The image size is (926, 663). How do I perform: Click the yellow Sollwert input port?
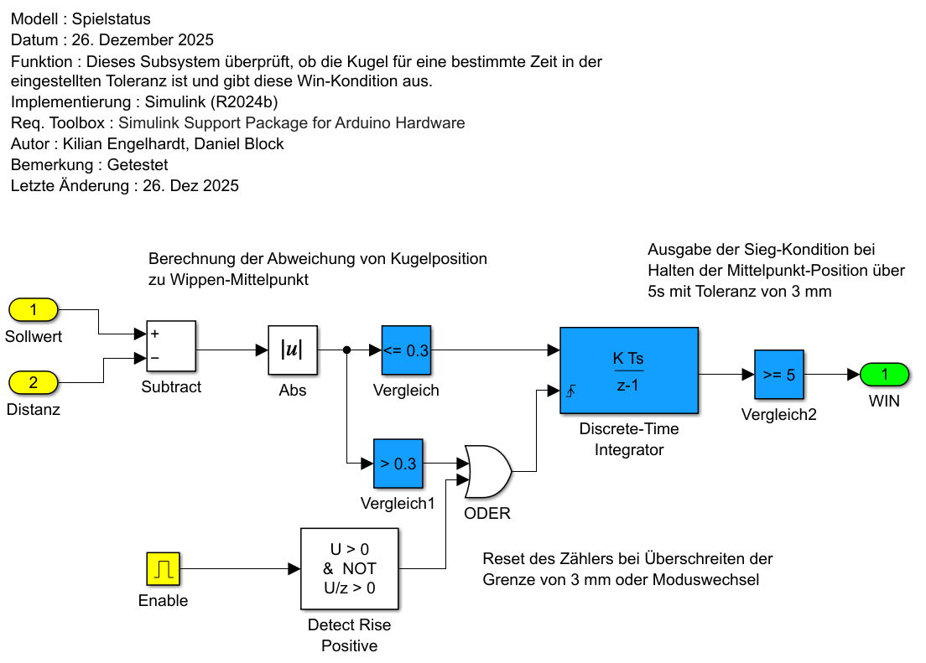click(33, 310)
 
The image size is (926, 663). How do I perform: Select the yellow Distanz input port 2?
click(33, 382)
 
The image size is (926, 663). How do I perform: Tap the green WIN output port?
click(884, 374)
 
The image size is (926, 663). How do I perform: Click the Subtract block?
click(171, 346)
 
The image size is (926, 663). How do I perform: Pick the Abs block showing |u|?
click(293, 350)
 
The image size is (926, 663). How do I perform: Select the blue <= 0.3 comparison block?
click(406, 350)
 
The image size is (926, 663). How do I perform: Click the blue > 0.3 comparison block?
click(398, 464)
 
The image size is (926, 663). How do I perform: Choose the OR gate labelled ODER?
click(488, 471)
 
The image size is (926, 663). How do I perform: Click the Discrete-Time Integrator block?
click(628, 370)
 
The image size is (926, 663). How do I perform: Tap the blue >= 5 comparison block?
click(778, 375)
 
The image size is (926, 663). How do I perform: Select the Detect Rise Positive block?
click(350, 568)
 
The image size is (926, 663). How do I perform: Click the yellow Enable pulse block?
click(163, 568)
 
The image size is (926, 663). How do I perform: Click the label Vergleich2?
click(778, 414)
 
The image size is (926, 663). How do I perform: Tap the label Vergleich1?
click(398, 504)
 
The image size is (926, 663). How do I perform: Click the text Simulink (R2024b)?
click(211, 102)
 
